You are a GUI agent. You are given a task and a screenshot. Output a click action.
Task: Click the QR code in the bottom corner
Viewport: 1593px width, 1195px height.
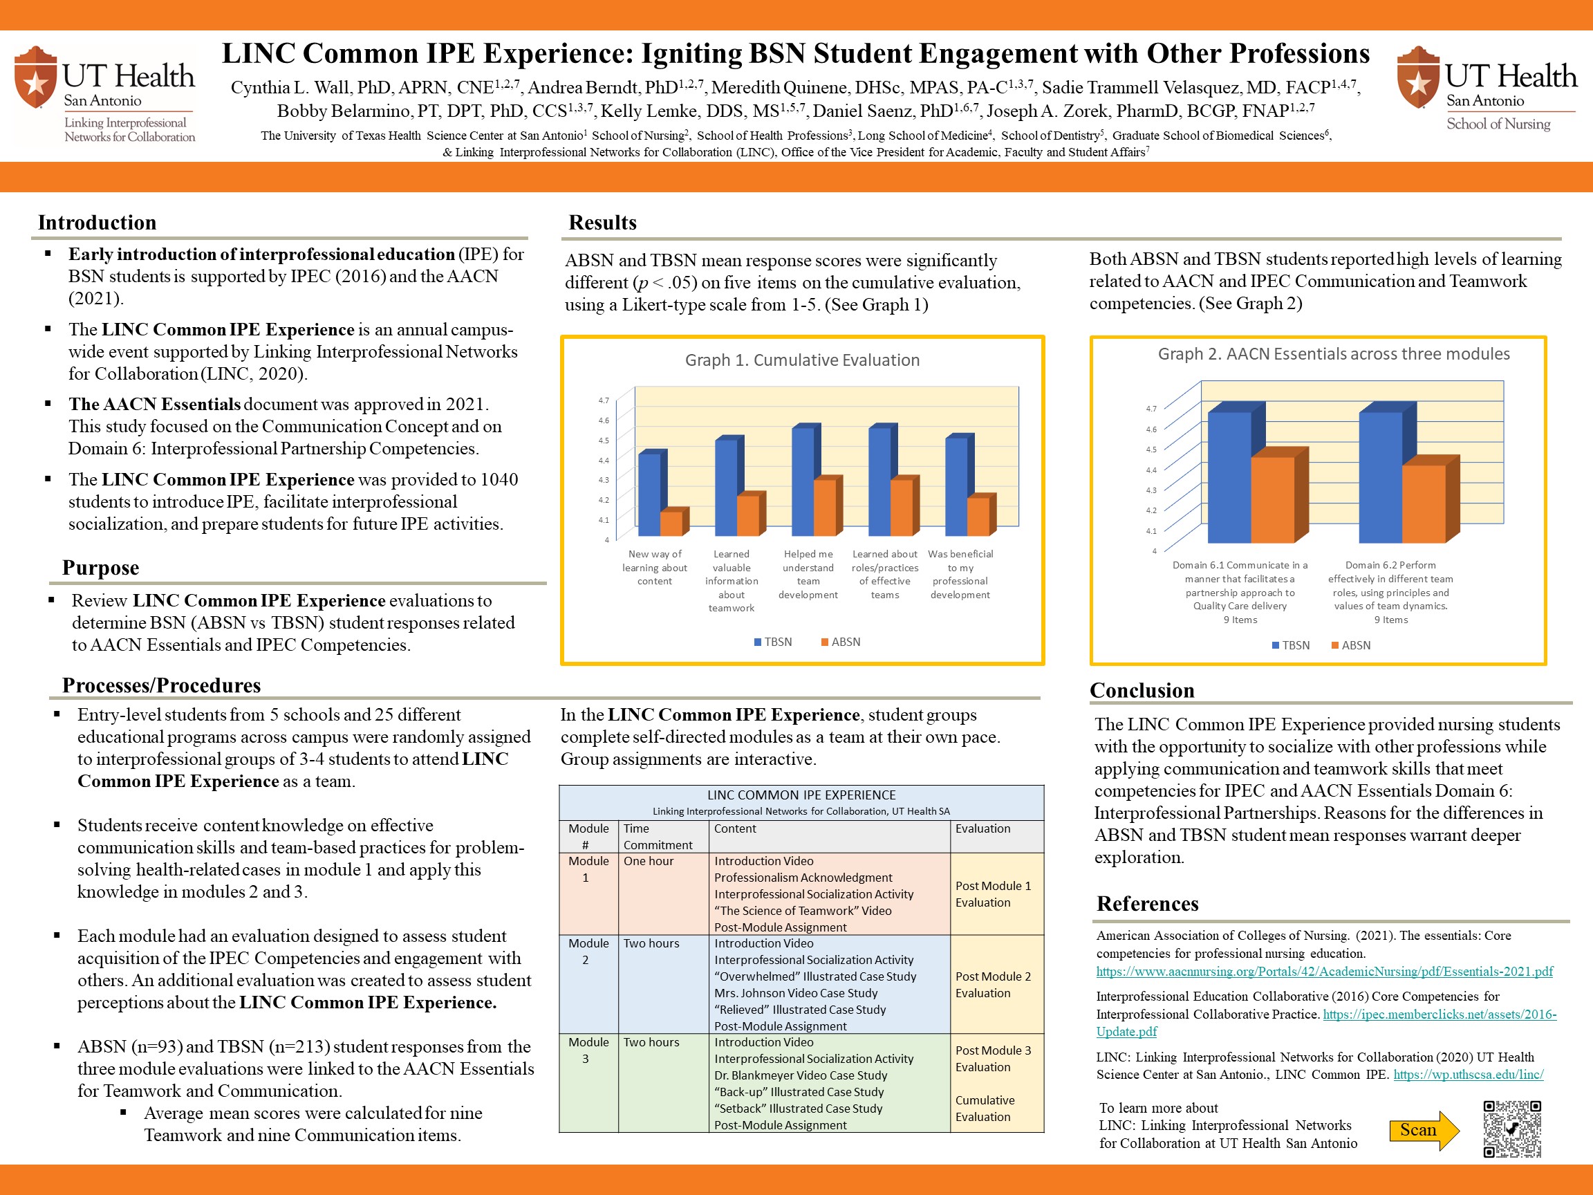point(1511,1129)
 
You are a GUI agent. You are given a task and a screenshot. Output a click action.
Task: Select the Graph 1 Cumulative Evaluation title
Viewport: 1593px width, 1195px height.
point(802,360)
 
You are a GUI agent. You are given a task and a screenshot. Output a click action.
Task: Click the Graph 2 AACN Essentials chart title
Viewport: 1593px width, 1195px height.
point(1334,353)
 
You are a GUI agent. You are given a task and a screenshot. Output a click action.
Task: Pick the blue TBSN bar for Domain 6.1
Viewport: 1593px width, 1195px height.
point(1229,477)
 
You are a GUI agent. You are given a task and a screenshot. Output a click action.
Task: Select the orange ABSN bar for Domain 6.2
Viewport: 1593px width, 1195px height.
point(1424,503)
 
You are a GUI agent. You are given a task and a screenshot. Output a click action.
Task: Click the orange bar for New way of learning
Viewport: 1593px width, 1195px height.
point(671,523)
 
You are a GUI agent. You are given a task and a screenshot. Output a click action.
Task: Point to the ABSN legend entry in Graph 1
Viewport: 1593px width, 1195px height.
point(841,642)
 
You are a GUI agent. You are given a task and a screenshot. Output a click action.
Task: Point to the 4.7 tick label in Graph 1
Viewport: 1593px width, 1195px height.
point(604,400)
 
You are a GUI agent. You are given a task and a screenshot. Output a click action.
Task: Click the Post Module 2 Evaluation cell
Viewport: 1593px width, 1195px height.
point(993,985)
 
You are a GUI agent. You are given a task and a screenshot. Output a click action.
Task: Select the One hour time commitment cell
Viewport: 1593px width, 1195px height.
point(648,861)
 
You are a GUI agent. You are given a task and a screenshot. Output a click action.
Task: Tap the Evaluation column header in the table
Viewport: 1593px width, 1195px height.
point(982,828)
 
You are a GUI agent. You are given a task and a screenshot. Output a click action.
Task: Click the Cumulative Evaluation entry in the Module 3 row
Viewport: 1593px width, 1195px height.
point(985,1109)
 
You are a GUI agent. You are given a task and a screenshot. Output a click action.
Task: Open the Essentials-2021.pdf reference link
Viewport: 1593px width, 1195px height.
point(1324,972)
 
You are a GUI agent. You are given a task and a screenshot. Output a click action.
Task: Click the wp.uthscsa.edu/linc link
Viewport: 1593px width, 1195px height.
point(1469,1075)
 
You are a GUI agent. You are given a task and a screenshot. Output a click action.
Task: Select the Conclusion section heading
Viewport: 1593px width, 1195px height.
point(1142,690)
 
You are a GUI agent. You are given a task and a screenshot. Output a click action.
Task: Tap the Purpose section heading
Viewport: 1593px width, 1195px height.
point(100,568)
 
